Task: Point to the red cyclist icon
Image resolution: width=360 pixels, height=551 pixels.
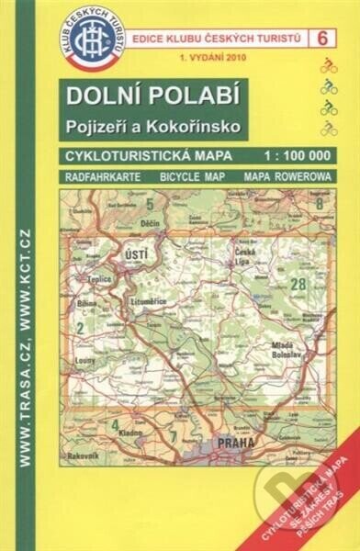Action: click(x=328, y=67)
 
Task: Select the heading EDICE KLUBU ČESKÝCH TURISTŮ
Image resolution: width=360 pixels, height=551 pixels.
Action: click(x=217, y=37)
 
